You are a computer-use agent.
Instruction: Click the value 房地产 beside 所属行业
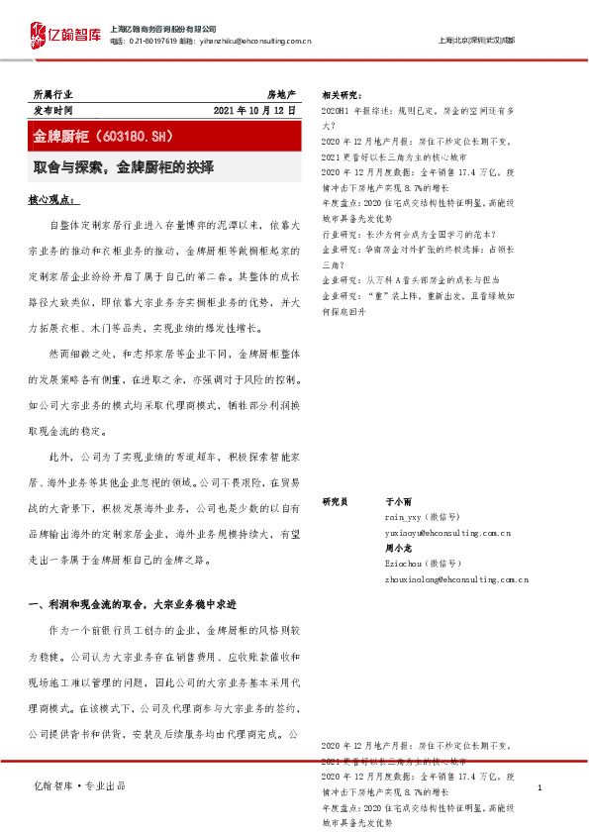coord(281,93)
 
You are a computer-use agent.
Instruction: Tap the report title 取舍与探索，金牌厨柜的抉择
coord(125,166)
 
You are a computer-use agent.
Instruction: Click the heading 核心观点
coord(54,200)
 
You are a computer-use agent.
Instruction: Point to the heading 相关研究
coord(343,95)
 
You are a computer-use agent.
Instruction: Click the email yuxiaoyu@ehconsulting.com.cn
coord(447,533)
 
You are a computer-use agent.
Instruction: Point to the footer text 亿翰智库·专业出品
coord(79,784)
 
